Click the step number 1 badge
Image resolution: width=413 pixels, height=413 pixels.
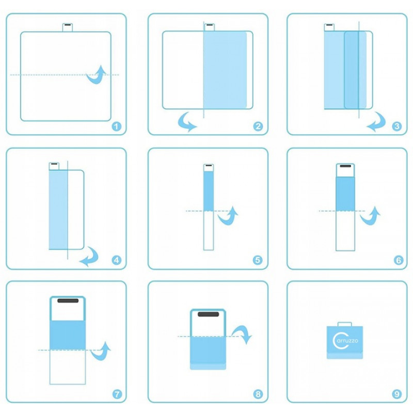pyautogui.click(x=117, y=126)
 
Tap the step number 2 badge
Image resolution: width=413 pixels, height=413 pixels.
pyautogui.click(x=258, y=126)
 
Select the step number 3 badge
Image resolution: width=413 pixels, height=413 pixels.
pyautogui.click(x=396, y=126)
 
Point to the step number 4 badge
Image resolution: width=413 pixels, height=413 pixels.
pyautogui.click(x=117, y=260)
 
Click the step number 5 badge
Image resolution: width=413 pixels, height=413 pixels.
pyautogui.click(x=258, y=260)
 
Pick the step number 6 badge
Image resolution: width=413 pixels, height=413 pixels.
pyautogui.click(x=398, y=260)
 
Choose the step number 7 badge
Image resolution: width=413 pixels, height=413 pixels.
pyautogui.click(x=117, y=394)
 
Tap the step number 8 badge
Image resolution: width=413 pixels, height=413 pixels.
pyautogui.click(x=258, y=394)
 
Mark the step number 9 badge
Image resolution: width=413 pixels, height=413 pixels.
pyautogui.click(x=396, y=394)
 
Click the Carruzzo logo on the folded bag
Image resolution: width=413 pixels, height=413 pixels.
pyautogui.click(x=345, y=341)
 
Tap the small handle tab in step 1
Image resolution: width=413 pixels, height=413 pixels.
pyautogui.click(x=68, y=27)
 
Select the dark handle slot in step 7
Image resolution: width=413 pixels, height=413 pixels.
pyautogui.click(x=68, y=301)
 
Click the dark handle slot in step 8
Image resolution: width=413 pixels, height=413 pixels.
pyautogui.click(x=209, y=314)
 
